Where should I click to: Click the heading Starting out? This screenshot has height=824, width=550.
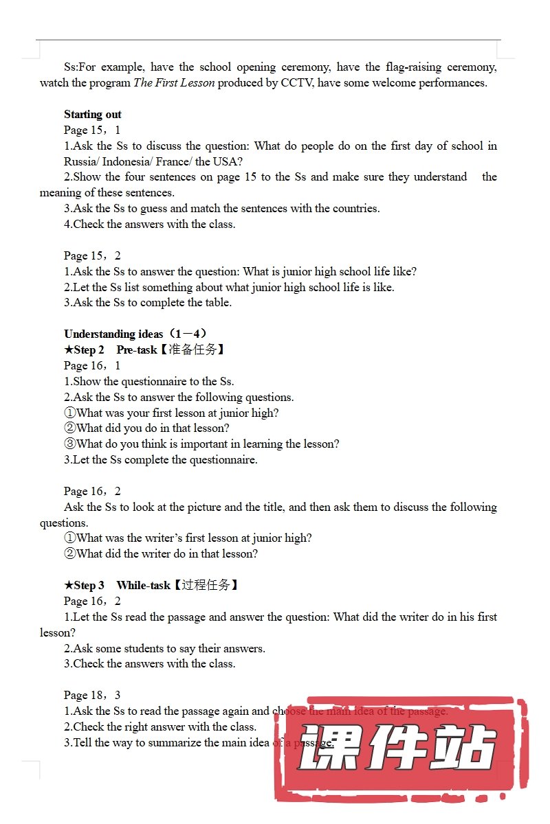pos(93,115)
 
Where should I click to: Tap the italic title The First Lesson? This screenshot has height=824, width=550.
pos(174,83)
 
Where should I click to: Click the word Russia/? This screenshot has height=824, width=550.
pos(82,162)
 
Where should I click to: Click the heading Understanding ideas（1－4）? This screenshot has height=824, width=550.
pos(135,334)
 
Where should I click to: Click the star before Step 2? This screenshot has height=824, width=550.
pos(69,350)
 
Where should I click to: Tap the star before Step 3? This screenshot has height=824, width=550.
pos(69,586)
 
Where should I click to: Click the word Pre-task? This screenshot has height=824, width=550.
pos(137,350)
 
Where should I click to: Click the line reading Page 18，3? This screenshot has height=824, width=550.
pos(92,696)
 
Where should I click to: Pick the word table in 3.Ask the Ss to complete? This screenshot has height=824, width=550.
pos(218,303)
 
